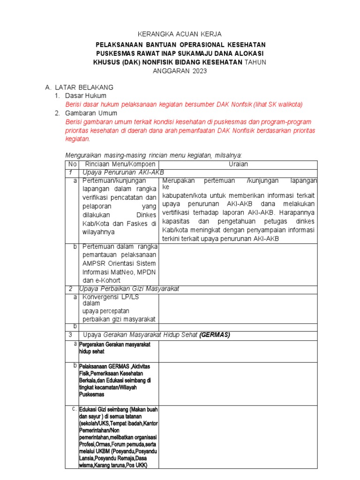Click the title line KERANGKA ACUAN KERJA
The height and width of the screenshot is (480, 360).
(x=180, y=34)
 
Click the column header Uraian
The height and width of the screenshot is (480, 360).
(x=238, y=165)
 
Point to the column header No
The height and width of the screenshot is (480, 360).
(x=72, y=165)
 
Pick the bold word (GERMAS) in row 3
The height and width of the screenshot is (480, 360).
(x=215, y=335)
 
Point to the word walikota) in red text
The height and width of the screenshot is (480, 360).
(x=289, y=105)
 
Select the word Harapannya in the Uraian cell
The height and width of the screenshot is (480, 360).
(x=297, y=213)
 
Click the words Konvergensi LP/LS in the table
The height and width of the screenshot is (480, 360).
(x=111, y=297)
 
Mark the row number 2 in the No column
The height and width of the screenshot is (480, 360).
(x=70, y=288)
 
